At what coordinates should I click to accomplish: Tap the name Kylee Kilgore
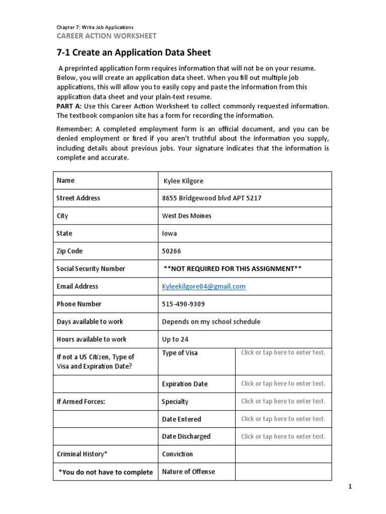[183, 181]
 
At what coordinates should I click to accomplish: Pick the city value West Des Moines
[186, 216]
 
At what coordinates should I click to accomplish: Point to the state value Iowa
[169, 233]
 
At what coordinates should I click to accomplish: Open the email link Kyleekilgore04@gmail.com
[204, 286]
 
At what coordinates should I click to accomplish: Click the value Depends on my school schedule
[211, 321]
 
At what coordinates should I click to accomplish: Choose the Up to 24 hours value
[175, 339]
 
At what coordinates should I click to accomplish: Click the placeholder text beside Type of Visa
[283, 352]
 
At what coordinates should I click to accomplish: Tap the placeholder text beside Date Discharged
[283, 436]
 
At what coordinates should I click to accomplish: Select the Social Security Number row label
[91, 269]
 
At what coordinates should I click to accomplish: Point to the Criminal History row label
[82, 454]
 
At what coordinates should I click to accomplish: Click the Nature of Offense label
[188, 471]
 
